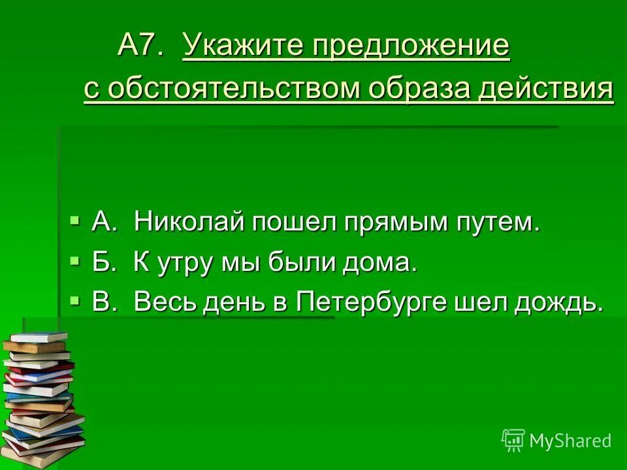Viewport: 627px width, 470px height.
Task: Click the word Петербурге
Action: tap(377, 302)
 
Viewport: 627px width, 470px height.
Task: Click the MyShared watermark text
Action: tap(570, 441)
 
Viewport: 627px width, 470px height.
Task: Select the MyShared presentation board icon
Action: tap(513, 441)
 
